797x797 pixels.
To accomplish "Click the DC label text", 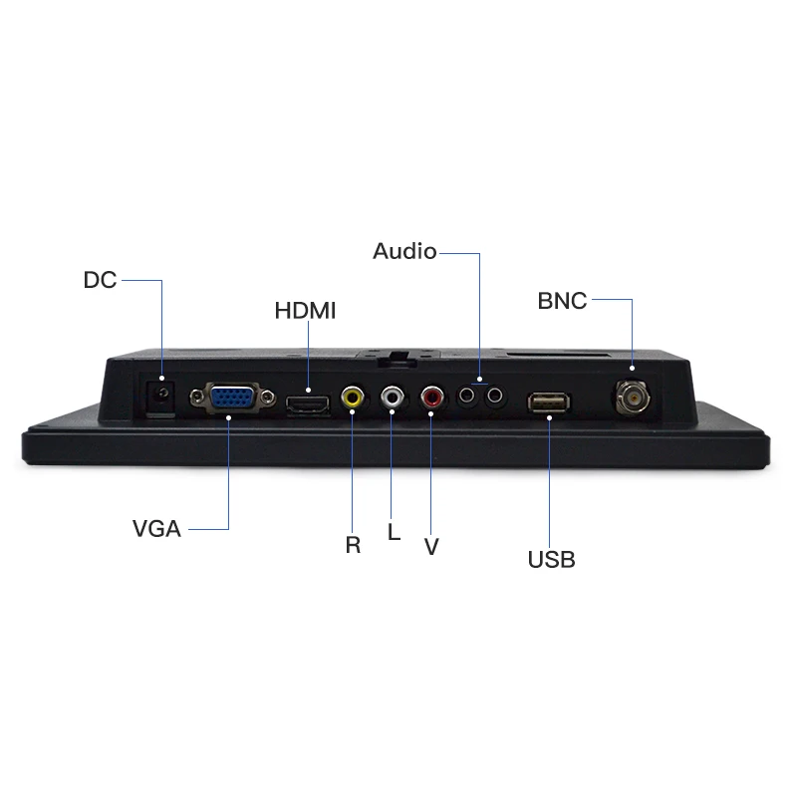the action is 101,280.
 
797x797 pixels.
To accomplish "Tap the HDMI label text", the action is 305,311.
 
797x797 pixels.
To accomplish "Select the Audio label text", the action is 404,251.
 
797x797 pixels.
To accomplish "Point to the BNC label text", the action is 562,301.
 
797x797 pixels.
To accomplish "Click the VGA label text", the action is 156,529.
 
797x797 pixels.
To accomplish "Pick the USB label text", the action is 552,560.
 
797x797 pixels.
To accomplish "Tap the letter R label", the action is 353,545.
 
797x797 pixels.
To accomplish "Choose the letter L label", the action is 394,532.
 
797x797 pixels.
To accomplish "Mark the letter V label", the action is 431,547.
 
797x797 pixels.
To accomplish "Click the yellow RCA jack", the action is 353,397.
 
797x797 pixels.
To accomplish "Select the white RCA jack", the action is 392,397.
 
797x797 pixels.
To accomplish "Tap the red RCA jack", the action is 431,397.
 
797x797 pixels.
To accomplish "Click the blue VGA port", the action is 233,397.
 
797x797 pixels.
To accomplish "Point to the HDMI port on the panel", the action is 308,404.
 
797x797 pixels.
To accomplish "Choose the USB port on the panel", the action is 549,403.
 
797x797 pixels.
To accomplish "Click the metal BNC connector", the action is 633,398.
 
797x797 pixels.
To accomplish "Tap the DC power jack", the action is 161,398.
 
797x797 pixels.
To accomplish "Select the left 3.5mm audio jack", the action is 466,395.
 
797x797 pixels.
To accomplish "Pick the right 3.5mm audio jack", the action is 494,395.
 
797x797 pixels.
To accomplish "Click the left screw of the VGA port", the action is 196,396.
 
